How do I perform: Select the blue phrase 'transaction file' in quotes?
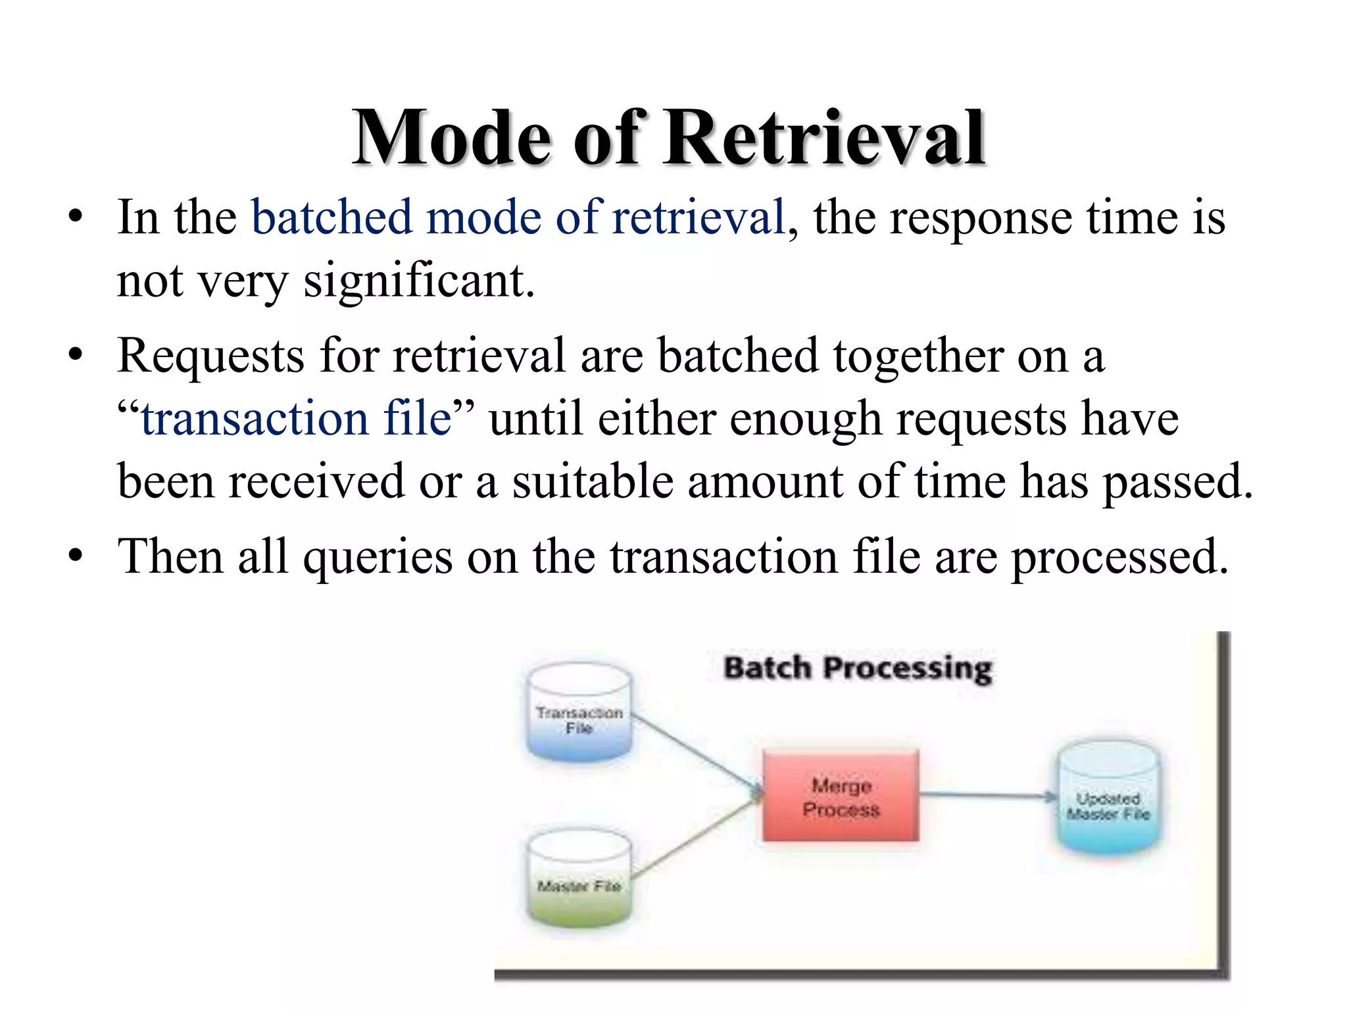click(x=296, y=419)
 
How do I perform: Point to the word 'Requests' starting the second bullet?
click(x=210, y=356)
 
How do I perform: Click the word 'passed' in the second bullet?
click(x=1177, y=482)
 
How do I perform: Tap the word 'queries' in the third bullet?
click(x=378, y=557)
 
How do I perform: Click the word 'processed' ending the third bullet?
click(x=1119, y=557)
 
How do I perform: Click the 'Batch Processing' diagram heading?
click(x=858, y=668)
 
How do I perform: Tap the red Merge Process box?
click(x=841, y=796)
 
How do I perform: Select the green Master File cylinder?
click(x=579, y=881)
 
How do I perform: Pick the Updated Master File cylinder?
click(x=1108, y=799)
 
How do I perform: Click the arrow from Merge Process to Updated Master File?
click(x=987, y=795)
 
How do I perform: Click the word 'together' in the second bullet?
click(x=918, y=356)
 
